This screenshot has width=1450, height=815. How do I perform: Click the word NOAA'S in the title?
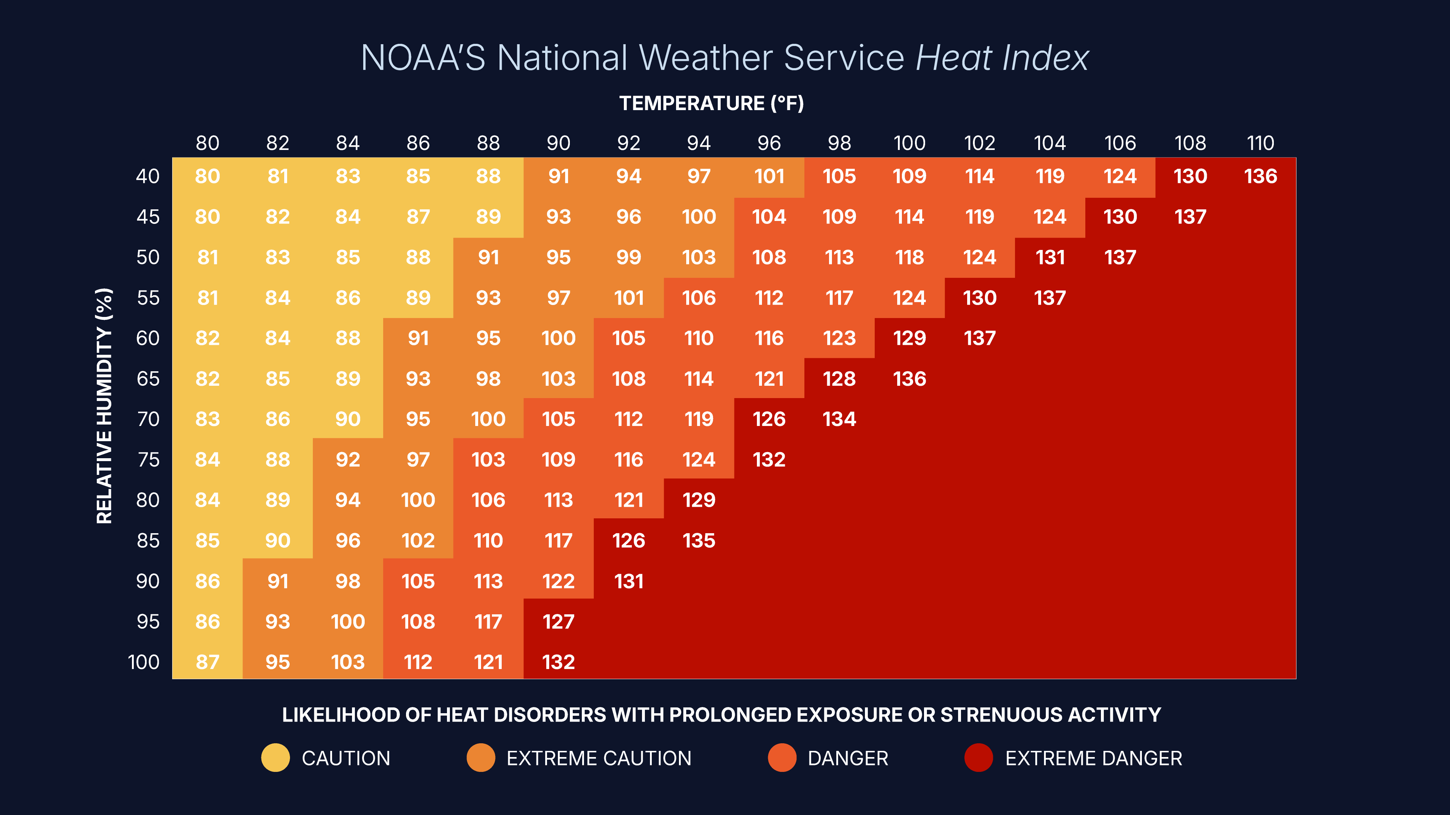point(423,58)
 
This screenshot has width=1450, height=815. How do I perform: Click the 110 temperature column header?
point(1260,143)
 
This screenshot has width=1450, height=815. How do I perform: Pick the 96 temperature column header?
point(769,143)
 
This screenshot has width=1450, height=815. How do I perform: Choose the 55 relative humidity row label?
point(148,297)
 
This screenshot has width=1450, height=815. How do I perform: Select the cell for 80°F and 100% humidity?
point(207,662)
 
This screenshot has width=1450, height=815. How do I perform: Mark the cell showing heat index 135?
point(699,540)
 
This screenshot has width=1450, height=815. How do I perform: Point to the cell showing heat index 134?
point(839,419)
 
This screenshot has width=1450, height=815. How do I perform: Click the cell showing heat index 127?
point(558,622)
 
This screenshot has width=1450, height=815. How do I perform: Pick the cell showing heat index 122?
point(558,581)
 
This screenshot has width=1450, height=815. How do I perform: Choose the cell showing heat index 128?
point(839,379)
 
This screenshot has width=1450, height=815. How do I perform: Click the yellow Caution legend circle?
point(275,758)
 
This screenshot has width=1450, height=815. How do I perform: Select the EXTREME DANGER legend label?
point(1093,758)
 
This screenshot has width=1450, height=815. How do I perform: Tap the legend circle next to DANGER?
point(782,758)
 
